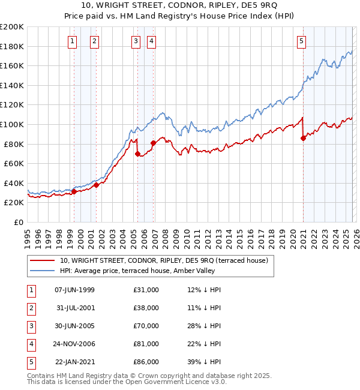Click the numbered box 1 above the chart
point(72,41)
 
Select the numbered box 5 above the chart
point(301,41)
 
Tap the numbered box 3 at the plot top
point(136,41)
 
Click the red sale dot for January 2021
point(303,138)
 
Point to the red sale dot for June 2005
point(138,154)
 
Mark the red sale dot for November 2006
point(153,143)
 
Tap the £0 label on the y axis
point(19,222)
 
